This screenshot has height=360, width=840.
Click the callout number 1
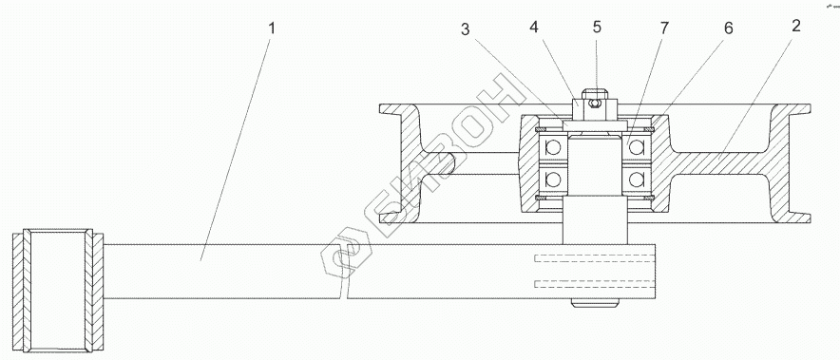(272, 28)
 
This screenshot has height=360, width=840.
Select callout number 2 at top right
(796, 26)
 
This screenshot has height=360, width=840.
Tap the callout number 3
(465, 29)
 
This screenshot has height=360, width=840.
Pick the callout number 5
(598, 27)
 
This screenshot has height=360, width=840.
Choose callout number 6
(729, 28)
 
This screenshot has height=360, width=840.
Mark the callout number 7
(664, 28)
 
